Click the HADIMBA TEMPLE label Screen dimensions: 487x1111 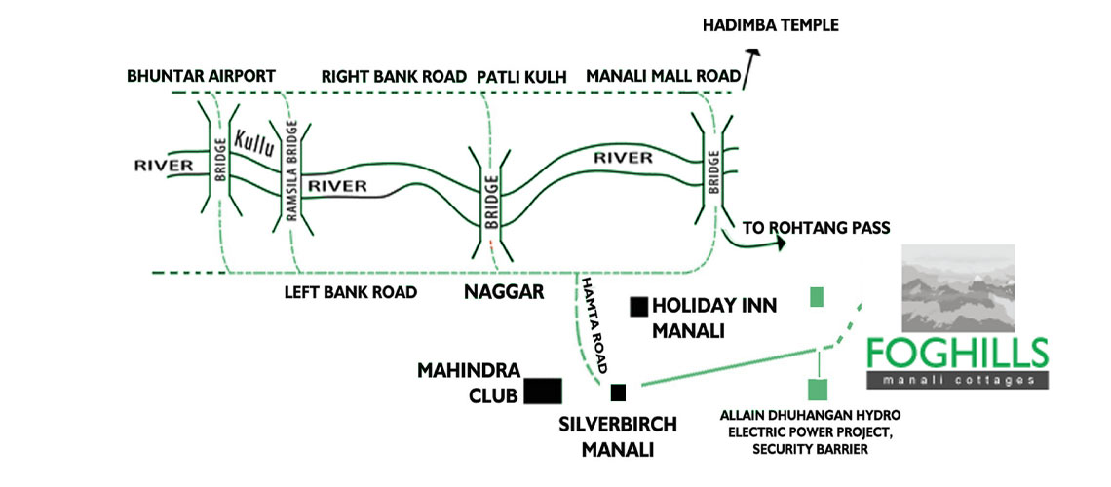pyautogui.click(x=771, y=24)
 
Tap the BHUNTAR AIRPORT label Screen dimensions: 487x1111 pyautogui.click(x=202, y=76)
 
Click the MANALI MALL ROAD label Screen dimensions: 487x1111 pyautogui.click(x=659, y=76)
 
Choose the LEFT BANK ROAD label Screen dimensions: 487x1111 pyautogui.click(x=351, y=291)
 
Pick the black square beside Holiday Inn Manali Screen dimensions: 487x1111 pyautogui.click(x=639, y=307)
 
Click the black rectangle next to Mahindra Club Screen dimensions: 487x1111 pyautogui.click(x=543, y=391)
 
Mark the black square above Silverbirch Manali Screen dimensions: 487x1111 pyautogui.click(x=618, y=393)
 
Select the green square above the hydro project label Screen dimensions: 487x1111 pyautogui.click(x=819, y=389)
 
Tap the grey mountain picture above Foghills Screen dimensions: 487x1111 pyautogui.click(x=958, y=288)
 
